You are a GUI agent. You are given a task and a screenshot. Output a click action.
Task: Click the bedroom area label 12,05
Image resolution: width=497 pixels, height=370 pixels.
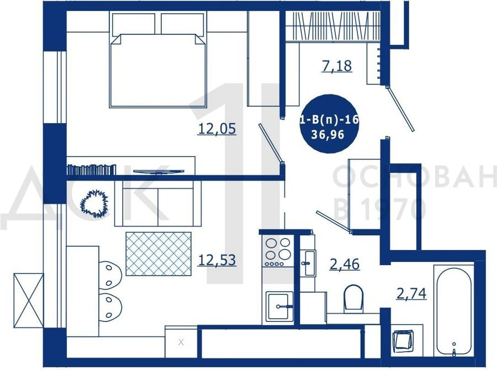coord(217,129)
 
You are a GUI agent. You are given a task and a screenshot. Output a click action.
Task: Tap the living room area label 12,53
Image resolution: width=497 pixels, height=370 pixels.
coord(217,260)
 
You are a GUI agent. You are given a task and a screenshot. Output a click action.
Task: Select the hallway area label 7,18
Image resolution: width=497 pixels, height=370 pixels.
coord(337,66)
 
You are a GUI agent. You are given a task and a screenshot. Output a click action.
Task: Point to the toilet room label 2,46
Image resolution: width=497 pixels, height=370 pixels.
coord(345,264)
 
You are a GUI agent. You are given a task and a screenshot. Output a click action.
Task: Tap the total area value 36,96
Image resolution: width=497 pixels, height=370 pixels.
coord(327,135)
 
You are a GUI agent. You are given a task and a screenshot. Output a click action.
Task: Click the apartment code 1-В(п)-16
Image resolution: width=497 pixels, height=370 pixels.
coord(329,120)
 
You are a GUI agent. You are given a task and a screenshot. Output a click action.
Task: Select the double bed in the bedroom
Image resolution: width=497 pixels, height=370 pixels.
coord(158,60)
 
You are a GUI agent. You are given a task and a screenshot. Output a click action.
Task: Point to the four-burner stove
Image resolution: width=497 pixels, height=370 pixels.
coord(278,251)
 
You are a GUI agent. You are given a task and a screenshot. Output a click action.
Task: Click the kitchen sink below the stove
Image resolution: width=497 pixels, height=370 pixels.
coord(279,305)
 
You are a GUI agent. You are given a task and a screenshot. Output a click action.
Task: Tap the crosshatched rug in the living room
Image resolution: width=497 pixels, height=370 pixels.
coord(158,253)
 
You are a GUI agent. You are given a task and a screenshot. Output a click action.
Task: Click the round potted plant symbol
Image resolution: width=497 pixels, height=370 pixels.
coord(94,203)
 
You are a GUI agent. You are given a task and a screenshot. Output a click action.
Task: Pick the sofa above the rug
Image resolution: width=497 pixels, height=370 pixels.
coord(158,203)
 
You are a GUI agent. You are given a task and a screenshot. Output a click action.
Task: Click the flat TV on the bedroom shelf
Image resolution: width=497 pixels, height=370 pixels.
coord(158,172)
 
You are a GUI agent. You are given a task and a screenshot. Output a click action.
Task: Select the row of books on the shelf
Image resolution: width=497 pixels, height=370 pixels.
coord(91,170)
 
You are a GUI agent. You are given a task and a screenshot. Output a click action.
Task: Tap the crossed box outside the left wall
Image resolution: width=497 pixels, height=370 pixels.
coord(29,300)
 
